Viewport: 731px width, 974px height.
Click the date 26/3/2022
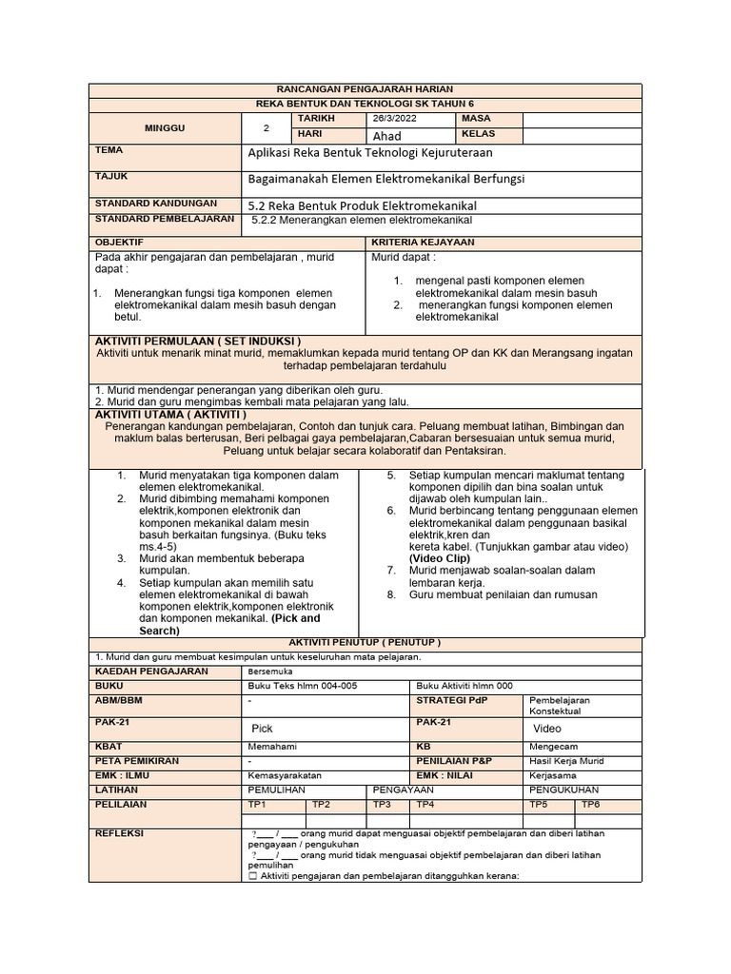[394, 119]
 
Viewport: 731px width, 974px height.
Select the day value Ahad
[387, 136]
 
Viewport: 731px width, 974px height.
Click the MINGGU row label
[165, 127]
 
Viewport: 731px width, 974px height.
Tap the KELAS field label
[479, 135]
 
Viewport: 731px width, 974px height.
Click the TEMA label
[109, 150]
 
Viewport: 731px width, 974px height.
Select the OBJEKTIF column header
[119, 243]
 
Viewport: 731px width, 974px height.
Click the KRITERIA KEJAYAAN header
[423, 243]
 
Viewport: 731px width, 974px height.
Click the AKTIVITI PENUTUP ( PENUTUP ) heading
[365, 642]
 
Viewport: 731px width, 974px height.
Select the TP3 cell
[382, 804]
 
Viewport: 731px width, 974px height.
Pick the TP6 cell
[591, 804]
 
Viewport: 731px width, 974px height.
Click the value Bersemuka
[270, 671]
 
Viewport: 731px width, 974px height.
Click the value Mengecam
[553, 747]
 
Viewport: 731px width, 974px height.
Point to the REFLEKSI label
[120, 833]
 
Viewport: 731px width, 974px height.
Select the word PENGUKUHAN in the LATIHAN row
[564, 789]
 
